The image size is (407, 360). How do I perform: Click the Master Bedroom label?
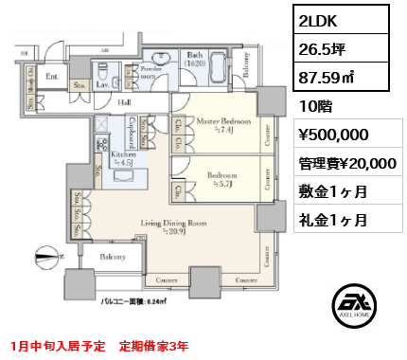[223, 122]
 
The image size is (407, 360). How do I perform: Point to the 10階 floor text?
[314, 104]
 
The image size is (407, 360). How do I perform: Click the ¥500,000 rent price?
[333, 134]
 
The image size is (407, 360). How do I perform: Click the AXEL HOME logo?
[352, 307]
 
